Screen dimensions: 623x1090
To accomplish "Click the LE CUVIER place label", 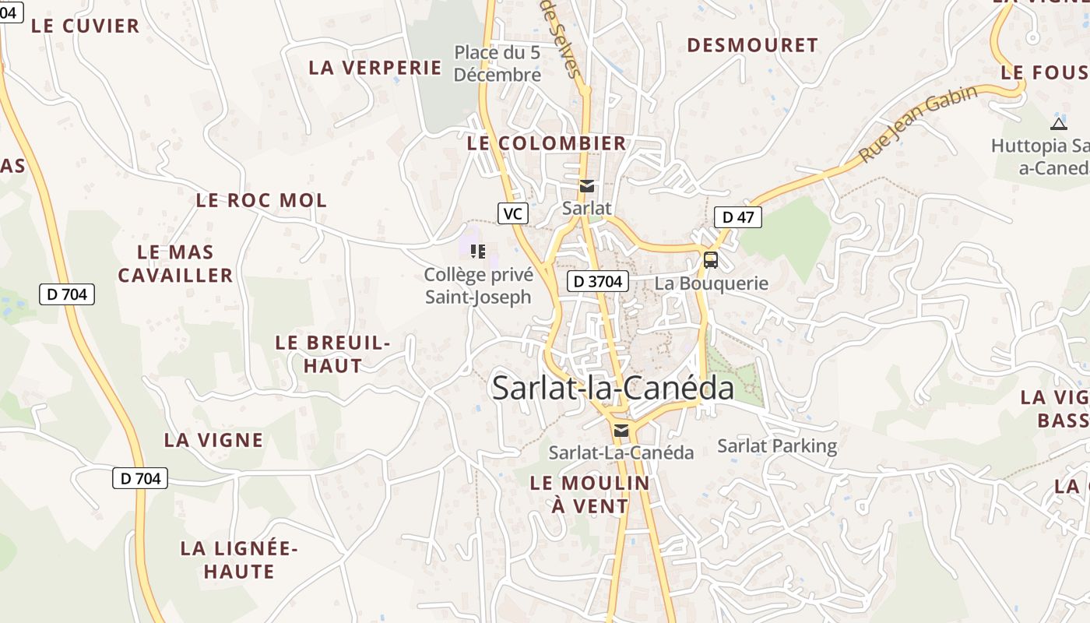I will click(x=85, y=26).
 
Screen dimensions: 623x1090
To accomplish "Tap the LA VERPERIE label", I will click(x=375, y=67).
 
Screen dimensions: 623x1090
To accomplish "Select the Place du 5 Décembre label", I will click(x=498, y=64).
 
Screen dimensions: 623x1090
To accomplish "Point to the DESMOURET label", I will click(x=752, y=45).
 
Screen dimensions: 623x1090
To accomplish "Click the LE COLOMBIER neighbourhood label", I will click(x=547, y=143).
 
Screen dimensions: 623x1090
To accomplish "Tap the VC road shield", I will click(x=512, y=213).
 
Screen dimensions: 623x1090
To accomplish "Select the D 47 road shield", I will click(x=737, y=217).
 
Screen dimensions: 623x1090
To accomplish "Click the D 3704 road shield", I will click(x=597, y=281).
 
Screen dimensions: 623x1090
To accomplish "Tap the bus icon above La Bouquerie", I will click(x=711, y=260).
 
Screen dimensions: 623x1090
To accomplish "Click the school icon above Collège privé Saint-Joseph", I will click(x=478, y=251).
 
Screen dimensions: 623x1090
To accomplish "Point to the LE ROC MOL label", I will click(x=261, y=200).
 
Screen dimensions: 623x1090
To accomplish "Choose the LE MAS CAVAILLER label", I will click(x=175, y=263).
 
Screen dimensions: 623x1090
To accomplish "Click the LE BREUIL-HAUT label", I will click(x=332, y=354).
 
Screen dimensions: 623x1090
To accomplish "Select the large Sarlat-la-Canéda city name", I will click(x=613, y=388).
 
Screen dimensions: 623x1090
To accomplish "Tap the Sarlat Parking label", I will click(x=776, y=446).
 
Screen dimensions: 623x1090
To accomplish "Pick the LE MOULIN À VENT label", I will click(x=589, y=494).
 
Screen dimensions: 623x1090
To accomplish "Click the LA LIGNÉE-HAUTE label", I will click(x=239, y=560).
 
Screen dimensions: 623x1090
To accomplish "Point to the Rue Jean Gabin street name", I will click(x=919, y=125).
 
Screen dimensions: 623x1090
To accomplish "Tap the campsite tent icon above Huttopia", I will click(x=1058, y=123).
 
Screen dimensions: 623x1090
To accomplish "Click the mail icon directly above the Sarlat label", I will click(x=586, y=186).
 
